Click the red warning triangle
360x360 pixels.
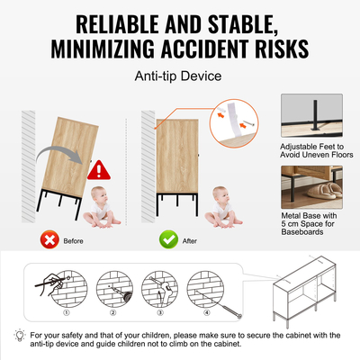[99, 170]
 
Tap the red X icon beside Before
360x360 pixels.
[49, 239]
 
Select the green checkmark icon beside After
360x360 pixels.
[168, 239]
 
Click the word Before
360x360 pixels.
[73, 241]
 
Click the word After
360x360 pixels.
[190, 241]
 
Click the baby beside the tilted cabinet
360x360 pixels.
[102, 207]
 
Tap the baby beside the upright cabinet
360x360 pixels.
[223, 207]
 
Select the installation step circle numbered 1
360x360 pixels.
[68, 289]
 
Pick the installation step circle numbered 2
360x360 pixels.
[114, 289]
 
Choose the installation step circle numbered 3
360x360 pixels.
[160, 289]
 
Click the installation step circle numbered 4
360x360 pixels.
[206, 289]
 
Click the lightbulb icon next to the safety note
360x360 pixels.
[20, 336]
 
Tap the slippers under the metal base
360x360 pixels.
[325, 191]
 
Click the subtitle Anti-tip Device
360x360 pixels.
[178, 76]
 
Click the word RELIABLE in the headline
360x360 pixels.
[118, 24]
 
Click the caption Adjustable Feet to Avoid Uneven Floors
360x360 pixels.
[317, 150]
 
